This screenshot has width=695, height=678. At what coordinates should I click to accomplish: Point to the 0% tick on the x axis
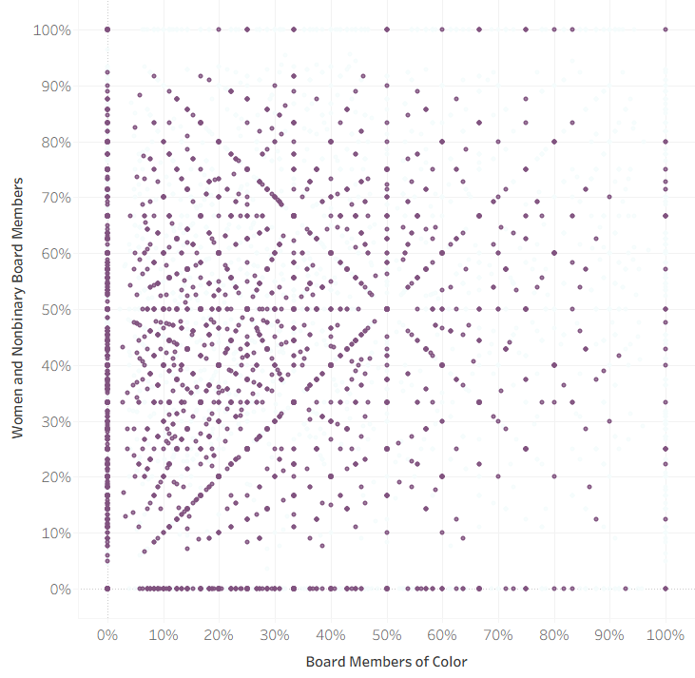point(107,634)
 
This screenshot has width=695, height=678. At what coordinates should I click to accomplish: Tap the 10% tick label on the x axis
point(164,634)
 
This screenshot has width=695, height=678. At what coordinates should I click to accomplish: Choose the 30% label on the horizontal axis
point(275,634)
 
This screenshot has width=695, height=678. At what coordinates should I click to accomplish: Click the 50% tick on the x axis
point(386,634)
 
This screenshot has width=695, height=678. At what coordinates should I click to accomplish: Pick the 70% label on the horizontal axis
point(498,634)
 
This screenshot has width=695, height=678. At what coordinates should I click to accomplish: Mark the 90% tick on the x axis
point(609,634)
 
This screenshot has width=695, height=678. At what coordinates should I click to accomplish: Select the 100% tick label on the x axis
point(666,634)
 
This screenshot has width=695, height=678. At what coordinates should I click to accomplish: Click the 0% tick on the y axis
point(59,590)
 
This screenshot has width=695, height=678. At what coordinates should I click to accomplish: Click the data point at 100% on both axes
point(666,29)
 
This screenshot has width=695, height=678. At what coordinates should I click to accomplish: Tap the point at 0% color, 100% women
point(107,29)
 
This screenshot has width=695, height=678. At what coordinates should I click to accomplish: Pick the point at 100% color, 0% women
point(666,590)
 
